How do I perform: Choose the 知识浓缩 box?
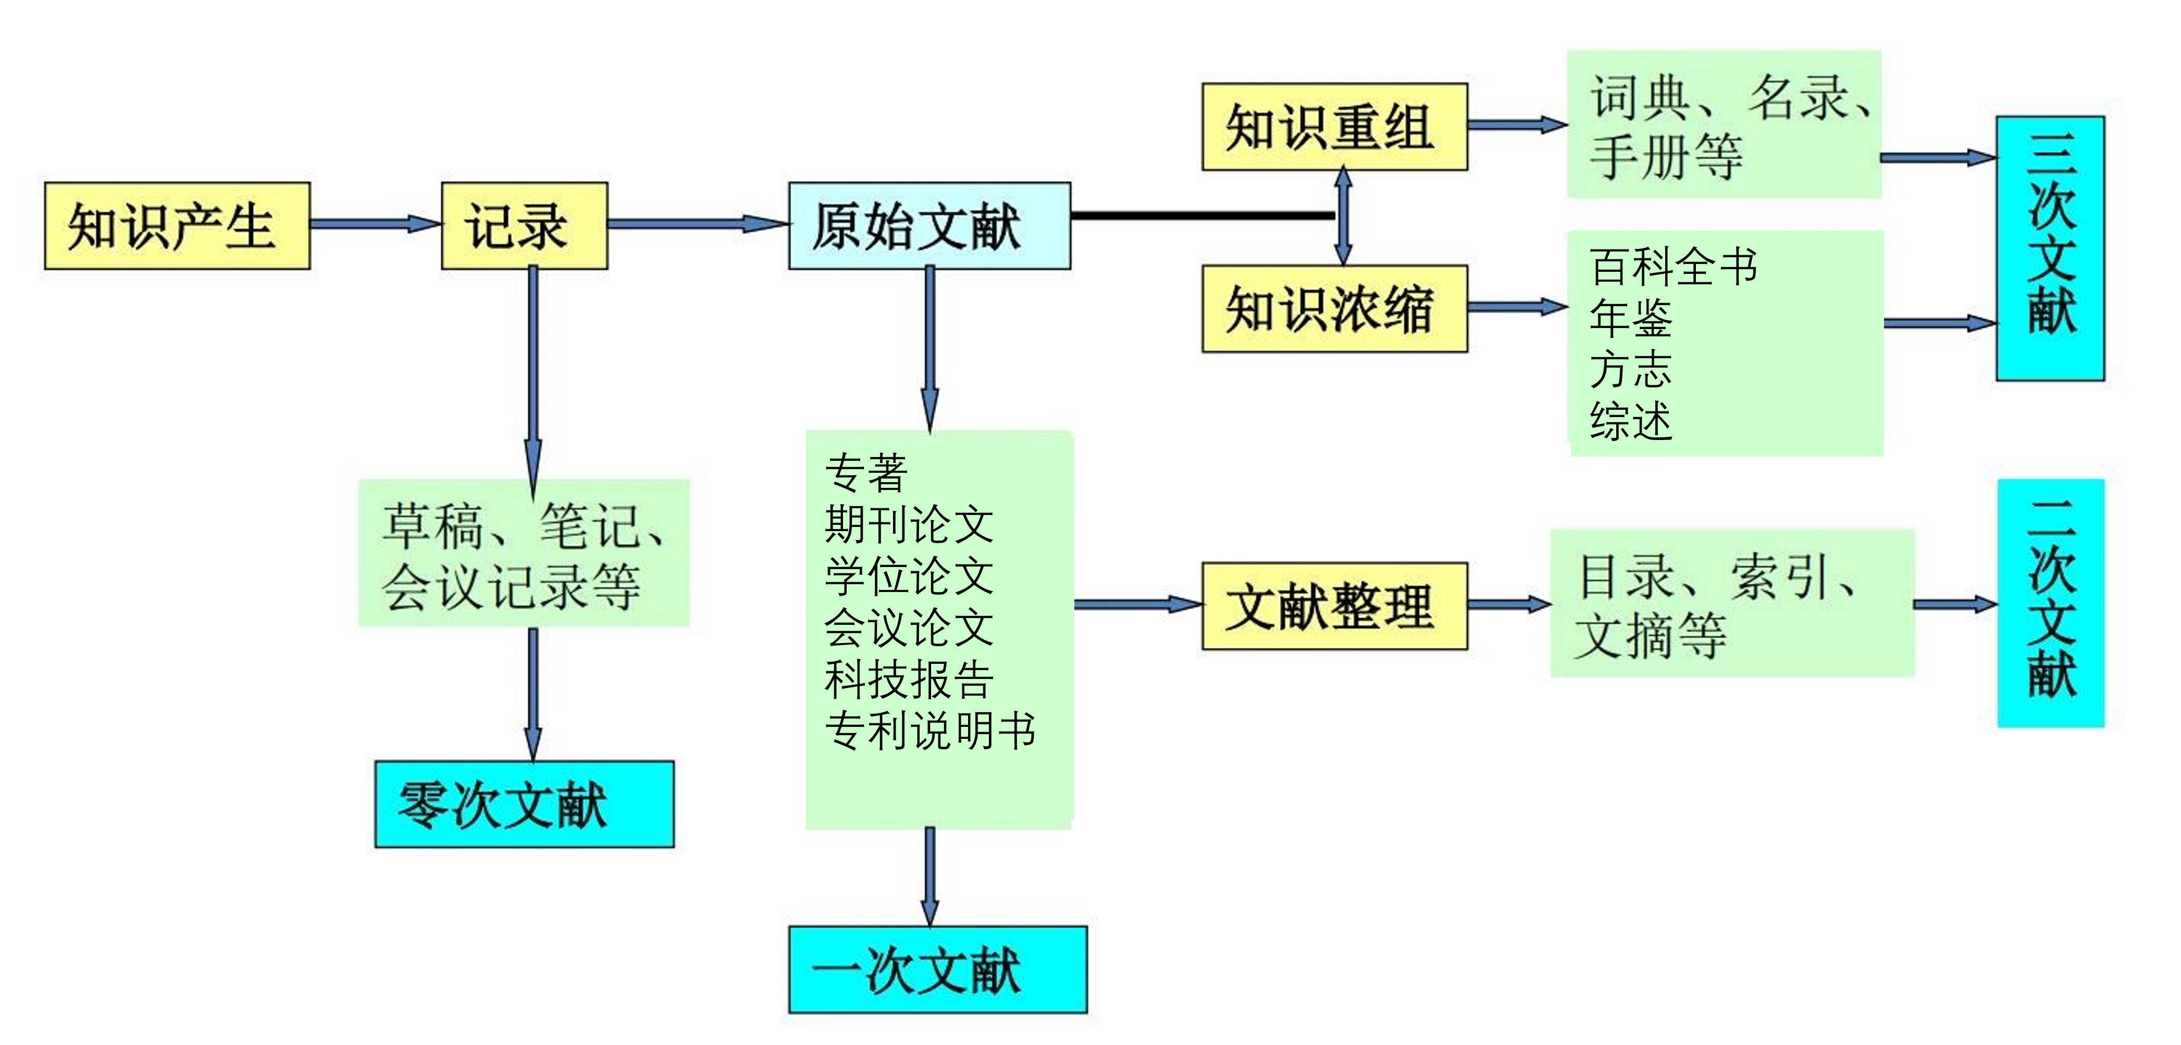point(1334,309)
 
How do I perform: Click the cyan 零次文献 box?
point(524,804)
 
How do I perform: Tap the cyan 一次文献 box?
point(937,969)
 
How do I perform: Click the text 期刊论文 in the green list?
point(909,525)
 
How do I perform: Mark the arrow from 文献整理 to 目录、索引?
point(1509,604)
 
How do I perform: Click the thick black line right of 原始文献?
point(1203,216)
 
